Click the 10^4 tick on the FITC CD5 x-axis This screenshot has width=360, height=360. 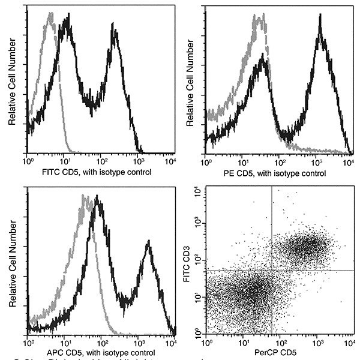pos(170,162)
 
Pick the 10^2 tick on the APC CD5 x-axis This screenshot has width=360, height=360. pos(100,343)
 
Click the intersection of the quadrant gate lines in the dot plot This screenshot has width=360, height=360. pos(272,270)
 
